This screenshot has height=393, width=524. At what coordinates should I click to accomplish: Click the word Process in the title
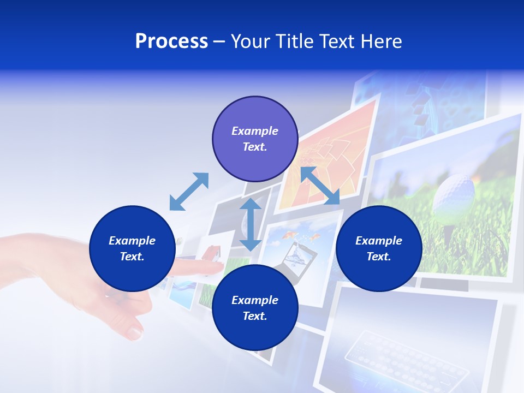(171, 41)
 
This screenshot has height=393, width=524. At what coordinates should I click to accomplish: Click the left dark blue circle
(132, 248)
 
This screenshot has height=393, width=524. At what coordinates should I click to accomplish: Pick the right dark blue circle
(379, 248)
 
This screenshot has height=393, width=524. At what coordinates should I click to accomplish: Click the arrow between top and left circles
(189, 192)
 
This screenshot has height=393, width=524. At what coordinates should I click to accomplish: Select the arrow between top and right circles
(320, 186)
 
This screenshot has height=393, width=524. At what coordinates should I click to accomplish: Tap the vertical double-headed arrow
(251, 224)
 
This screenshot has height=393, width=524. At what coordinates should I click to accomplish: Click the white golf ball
(454, 192)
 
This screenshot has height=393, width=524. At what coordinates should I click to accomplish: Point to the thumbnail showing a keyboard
(415, 349)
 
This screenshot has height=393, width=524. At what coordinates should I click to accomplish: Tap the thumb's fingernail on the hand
(134, 331)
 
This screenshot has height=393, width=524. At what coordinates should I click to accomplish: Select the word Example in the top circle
(255, 131)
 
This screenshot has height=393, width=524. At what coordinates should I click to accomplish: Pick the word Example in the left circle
(132, 241)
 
